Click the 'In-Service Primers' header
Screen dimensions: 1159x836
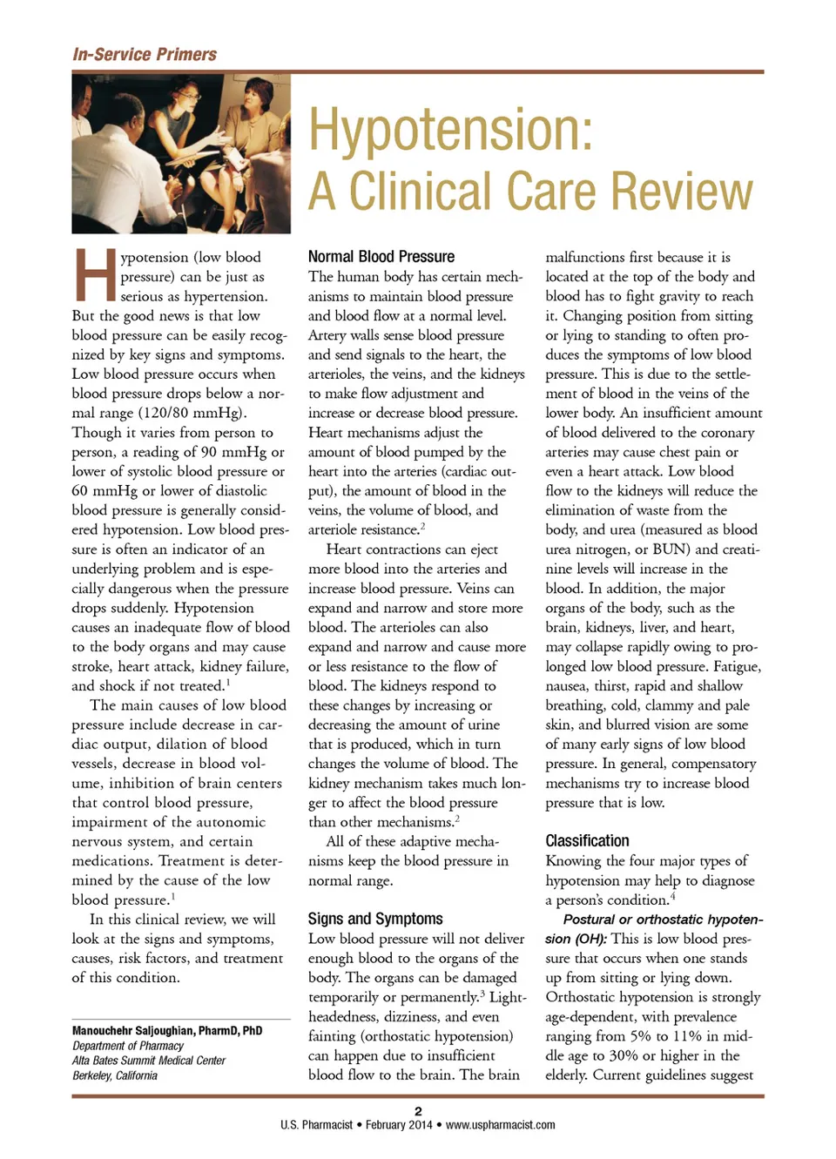[x=145, y=54]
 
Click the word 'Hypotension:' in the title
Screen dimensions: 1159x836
[x=451, y=129]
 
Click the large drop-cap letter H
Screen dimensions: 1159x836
[x=93, y=273]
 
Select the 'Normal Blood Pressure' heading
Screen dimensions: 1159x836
[x=381, y=256]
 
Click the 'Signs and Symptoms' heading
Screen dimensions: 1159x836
[x=375, y=919]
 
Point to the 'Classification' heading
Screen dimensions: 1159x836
[x=587, y=840]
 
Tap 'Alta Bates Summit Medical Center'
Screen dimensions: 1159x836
[x=148, y=1061]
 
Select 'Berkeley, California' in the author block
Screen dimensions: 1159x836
[x=115, y=1075]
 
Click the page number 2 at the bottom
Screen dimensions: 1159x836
[x=418, y=1111]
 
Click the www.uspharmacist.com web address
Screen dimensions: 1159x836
[x=500, y=1125]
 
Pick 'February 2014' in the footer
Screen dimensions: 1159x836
[x=398, y=1125]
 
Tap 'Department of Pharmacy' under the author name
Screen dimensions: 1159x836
[x=127, y=1046]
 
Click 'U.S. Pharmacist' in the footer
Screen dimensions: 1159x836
[x=316, y=1125]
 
